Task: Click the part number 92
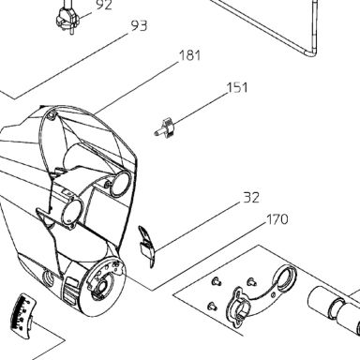[104, 6]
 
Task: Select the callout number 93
[139, 26]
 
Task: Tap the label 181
[190, 55]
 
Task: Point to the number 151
[237, 88]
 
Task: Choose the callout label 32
[251, 198]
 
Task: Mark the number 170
[277, 219]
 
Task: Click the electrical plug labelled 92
[67, 18]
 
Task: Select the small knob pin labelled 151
[164, 127]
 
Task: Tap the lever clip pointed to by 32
[146, 247]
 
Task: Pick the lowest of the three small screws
[213, 306]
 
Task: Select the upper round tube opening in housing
[121, 184]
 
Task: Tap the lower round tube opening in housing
[72, 214]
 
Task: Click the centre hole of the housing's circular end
[102, 286]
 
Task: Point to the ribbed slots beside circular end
[71, 292]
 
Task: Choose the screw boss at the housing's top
[51, 114]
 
